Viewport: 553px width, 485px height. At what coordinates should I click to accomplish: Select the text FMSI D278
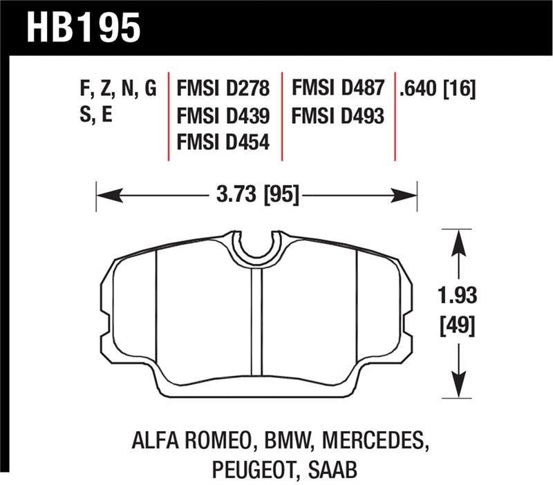tap(223, 88)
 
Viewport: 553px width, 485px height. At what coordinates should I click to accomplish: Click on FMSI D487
tap(337, 88)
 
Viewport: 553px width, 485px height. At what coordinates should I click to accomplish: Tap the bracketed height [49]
tap(456, 325)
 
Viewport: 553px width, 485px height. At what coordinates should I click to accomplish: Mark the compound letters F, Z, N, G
tap(118, 88)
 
